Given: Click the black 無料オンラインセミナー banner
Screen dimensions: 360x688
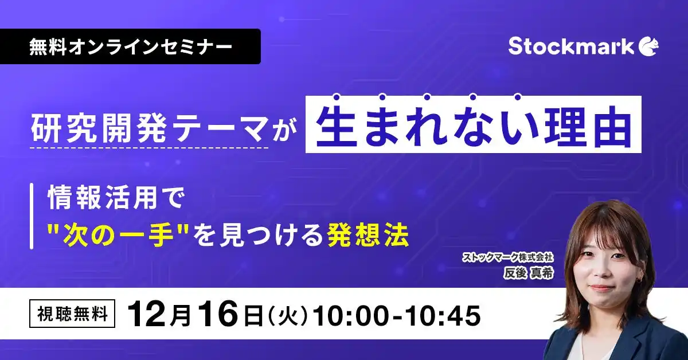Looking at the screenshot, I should tap(131, 46).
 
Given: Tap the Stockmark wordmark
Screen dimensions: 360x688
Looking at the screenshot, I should tap(571, 46).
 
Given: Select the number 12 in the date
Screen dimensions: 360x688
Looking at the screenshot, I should tap(145, 315).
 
